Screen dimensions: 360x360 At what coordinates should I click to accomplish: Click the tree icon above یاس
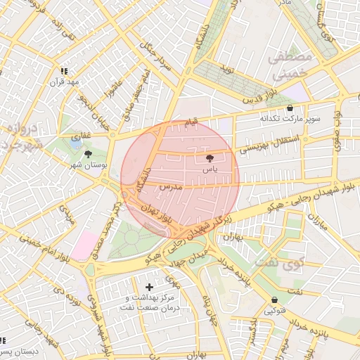click(209, 159)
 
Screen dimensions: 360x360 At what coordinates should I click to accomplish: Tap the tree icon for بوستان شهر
click(88, 154)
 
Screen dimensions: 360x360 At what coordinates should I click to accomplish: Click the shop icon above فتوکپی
click(274, 300)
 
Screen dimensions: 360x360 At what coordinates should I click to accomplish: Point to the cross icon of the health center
click(149, 287)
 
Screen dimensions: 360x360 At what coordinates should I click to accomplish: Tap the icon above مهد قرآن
click(65, 71)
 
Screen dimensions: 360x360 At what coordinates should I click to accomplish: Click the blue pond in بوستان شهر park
click(76, 144)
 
